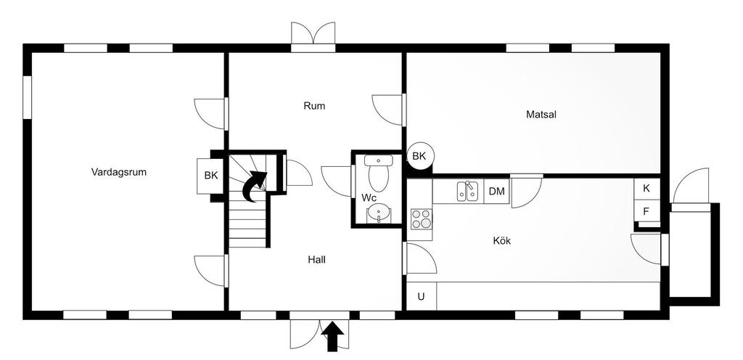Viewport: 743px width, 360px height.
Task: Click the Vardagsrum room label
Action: pyautogui.click(x=118, y=172)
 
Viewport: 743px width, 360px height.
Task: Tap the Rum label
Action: pyautogui.click(x=315, y=106)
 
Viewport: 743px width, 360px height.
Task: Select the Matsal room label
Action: pyautogui.click(x=541, y=114)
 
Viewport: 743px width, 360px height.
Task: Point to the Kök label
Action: pyautogui.click(x=502, y=241)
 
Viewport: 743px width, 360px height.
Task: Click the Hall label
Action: pyautogui.click(x=316, y=260)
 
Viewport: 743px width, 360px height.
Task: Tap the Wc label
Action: pyautogui.click(x=369, y=197)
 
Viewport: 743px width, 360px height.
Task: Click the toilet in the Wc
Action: pyautogui.click(x=378, y=173)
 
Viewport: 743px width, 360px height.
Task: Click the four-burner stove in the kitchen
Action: pyautogui.click(x=422, y=219)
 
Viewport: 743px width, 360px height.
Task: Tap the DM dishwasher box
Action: pyautogui.click(x=496, y=192)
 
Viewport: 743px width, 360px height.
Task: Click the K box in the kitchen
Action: pyautogui.click(x=646, y=188)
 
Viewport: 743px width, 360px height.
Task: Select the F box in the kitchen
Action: pyautogui.click(x=646, y=211)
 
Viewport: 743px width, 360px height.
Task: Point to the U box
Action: pyautogui.click(x=422, y=297)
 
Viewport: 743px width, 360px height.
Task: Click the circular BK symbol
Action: pyautogui.click(x=419, y=156)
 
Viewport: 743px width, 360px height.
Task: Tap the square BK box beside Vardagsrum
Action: pyautogui.click(x=211, y=175)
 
